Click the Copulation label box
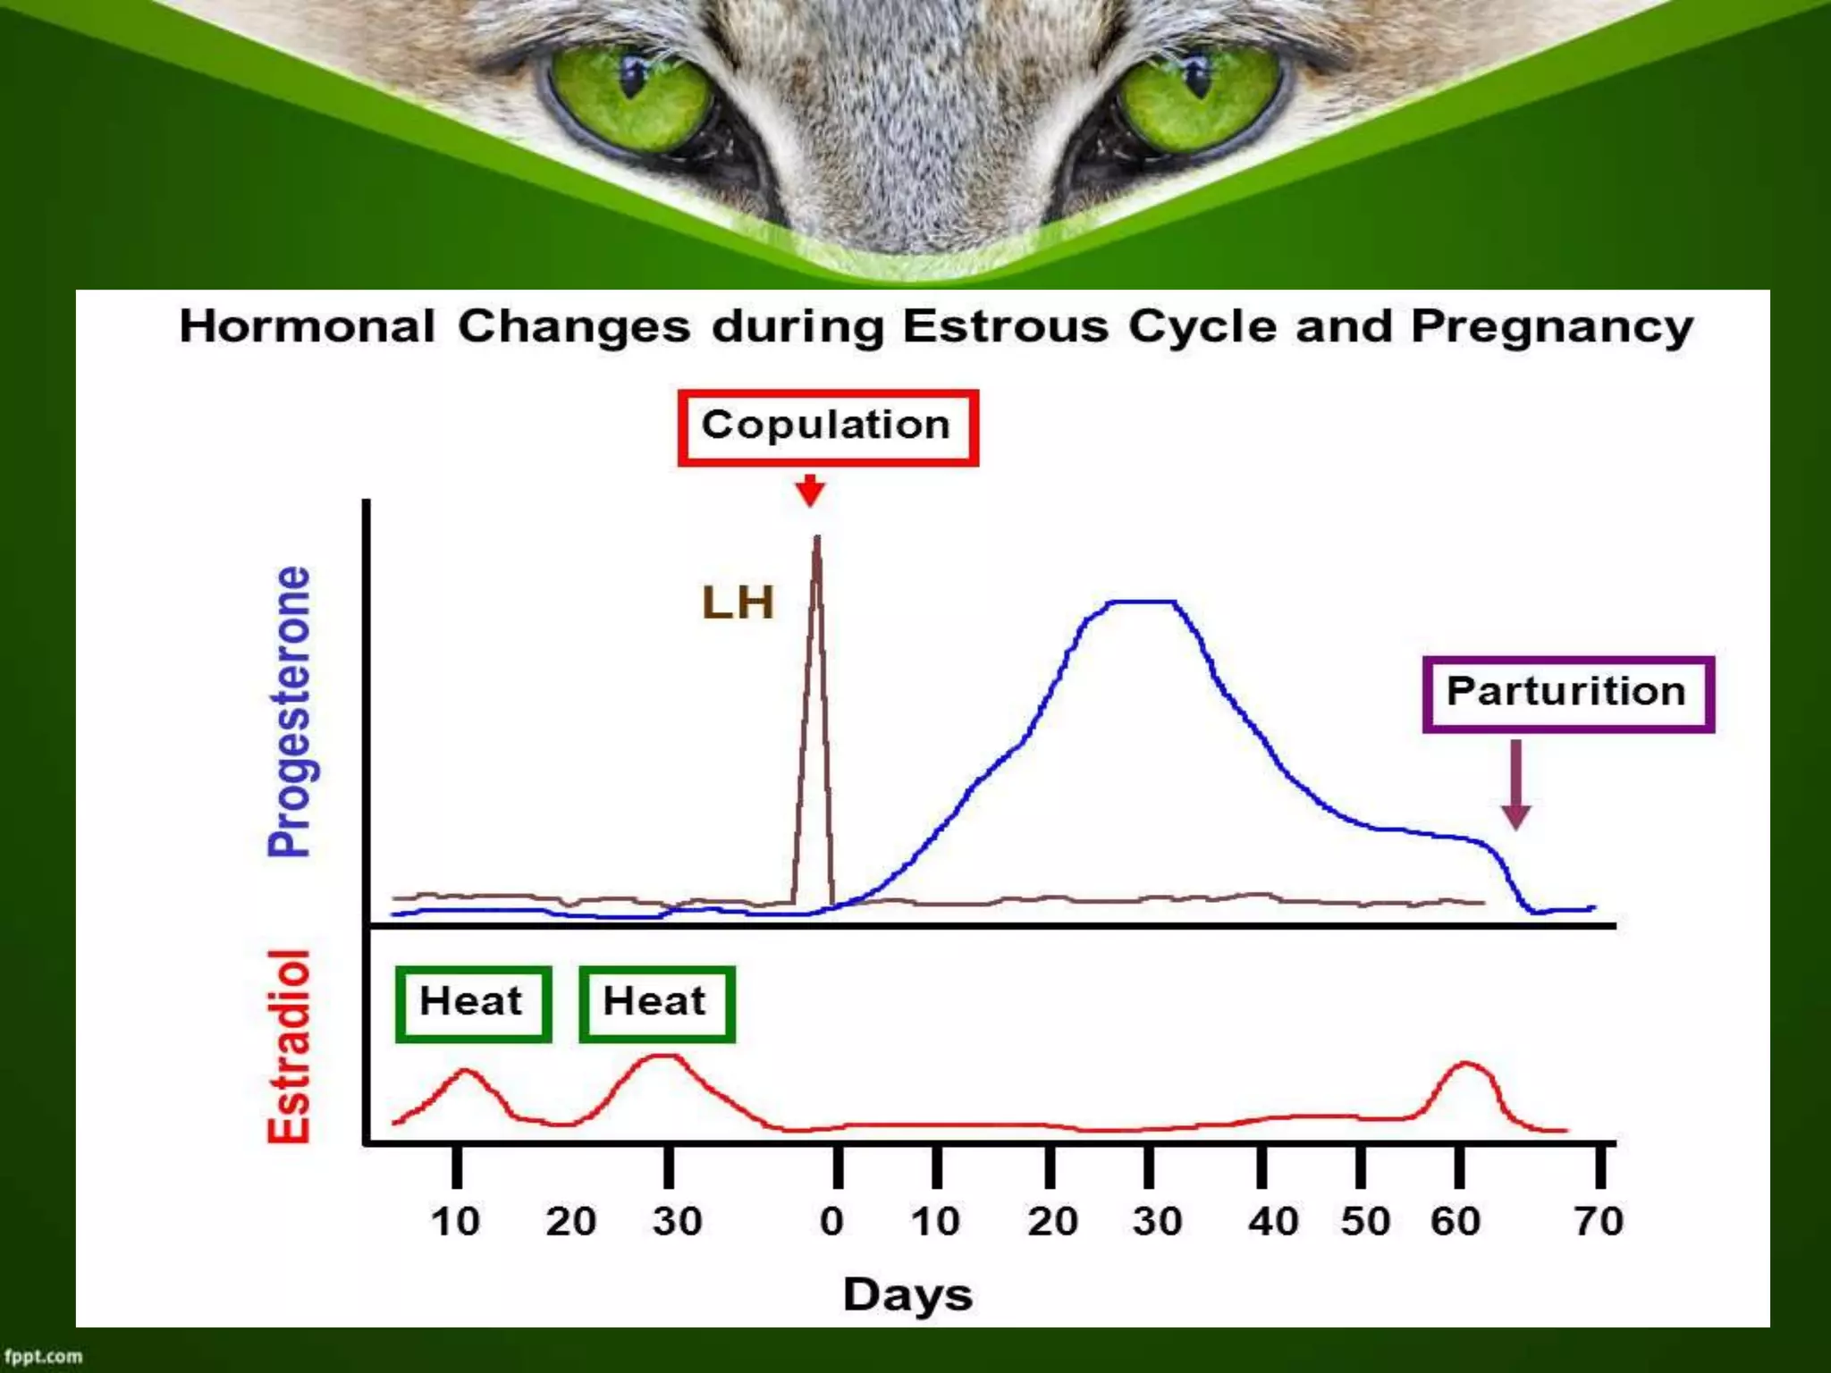(827, 427)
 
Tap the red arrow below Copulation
(810, 491)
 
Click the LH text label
(738, 602)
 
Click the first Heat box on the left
(473, 1003)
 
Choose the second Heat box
(656, 1003)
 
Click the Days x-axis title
(907, 1294)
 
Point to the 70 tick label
(1599, 1221)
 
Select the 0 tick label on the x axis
(831, 1221)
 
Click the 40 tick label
(1273, 1221)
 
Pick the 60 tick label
(1456, 1221)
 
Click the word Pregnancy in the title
(1552, 327)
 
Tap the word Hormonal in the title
(307, 325)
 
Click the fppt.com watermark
(43, 1356)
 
